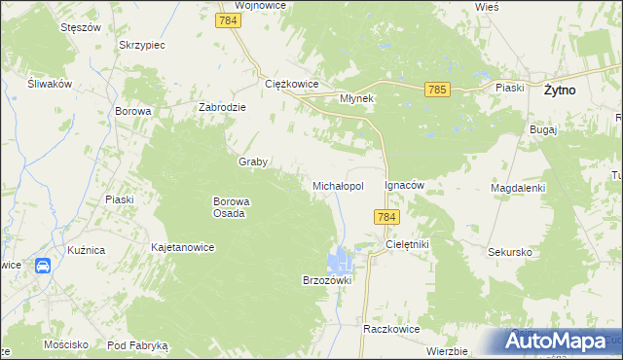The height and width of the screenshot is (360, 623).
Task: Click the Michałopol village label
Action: click(338, 185)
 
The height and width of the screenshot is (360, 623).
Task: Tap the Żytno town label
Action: click(559, 90)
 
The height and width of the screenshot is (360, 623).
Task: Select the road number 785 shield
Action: click(437, 90)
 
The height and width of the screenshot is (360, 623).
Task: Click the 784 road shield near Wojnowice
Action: click(230, 20)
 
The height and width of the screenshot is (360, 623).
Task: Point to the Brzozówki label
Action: click(326, 279)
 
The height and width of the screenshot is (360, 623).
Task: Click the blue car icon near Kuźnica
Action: click(43, 266)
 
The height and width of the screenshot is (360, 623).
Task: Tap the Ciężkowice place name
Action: click(293, 84)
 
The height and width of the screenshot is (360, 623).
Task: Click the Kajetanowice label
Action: click(182, 248)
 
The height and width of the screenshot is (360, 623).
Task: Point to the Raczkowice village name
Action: click(391, 329)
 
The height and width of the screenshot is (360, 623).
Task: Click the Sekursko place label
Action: click(510, 252)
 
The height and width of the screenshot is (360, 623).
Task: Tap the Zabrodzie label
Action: click(226, 108)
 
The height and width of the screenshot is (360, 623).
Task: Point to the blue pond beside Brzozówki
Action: click(341, 260)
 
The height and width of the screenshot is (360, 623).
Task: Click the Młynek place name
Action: click(356, 98)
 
